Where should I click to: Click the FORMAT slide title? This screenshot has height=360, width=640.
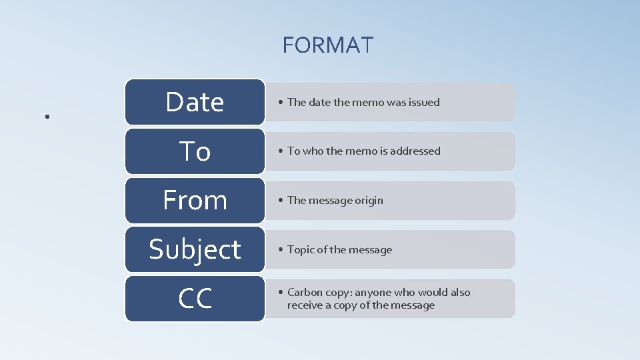coord(328,45)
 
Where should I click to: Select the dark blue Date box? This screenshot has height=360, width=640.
coord(195,102)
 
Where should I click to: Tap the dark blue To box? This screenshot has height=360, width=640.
coord(195,151)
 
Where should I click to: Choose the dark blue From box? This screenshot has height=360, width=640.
coord(195,200)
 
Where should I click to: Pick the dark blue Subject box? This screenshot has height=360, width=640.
coord(195,249)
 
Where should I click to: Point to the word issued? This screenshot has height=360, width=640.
coord(424,102)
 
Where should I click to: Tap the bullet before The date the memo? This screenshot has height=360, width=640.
coord(281,103)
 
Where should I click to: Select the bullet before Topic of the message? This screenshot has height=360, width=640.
coord(281,250)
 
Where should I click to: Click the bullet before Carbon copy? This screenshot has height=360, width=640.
coord(281,293)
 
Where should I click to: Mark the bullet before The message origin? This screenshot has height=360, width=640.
coord(281,201)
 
